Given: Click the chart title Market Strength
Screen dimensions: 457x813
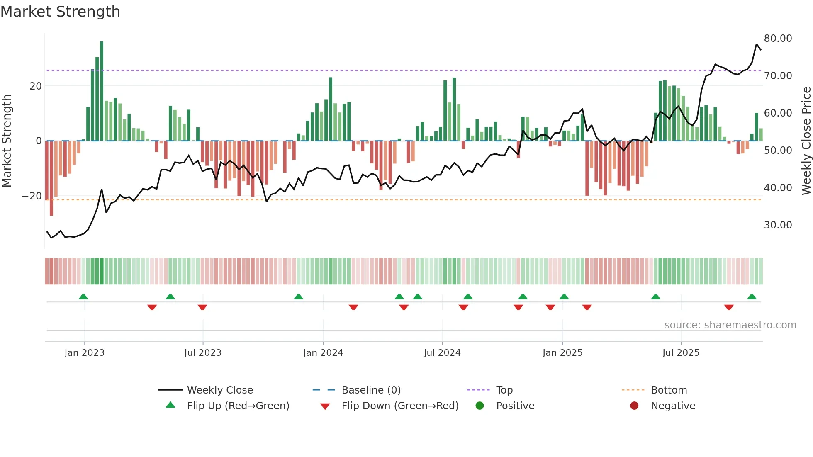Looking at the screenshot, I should pos(60,12).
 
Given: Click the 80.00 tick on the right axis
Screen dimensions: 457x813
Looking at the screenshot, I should pos(778,39).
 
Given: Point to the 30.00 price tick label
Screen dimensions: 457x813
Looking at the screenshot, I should pos(778,225).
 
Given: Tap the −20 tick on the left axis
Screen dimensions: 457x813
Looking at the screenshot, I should pos(32,196).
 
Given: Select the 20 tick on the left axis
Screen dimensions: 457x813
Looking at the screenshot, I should pos(36,86).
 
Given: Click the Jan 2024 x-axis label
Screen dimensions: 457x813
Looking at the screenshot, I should pos(323,353).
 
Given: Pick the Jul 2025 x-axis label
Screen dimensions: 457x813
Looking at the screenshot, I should pos(681,353).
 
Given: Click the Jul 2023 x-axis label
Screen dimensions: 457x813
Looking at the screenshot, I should pos(203,353).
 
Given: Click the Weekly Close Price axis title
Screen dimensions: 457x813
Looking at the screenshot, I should pos(806,141).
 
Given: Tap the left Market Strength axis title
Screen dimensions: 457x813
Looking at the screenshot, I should pos(7,141).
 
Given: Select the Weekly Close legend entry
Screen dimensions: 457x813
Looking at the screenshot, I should pos(219,390).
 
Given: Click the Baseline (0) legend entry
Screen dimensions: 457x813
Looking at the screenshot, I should pos(371,390).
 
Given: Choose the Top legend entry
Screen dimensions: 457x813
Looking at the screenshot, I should pos(504,390).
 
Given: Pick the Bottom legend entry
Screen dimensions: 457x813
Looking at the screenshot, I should pos(669,390).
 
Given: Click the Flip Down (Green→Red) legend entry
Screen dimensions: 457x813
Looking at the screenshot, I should pos(400,406).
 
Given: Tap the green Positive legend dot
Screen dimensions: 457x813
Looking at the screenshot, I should pos(480,406).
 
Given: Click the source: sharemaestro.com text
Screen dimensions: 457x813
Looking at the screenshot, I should pos(730,325).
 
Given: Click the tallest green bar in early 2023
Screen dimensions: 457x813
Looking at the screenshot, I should pos(102,91).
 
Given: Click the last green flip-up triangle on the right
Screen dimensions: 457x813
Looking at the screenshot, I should pos(752,297).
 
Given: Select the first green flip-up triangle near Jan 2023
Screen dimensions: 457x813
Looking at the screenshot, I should pos(83,297).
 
